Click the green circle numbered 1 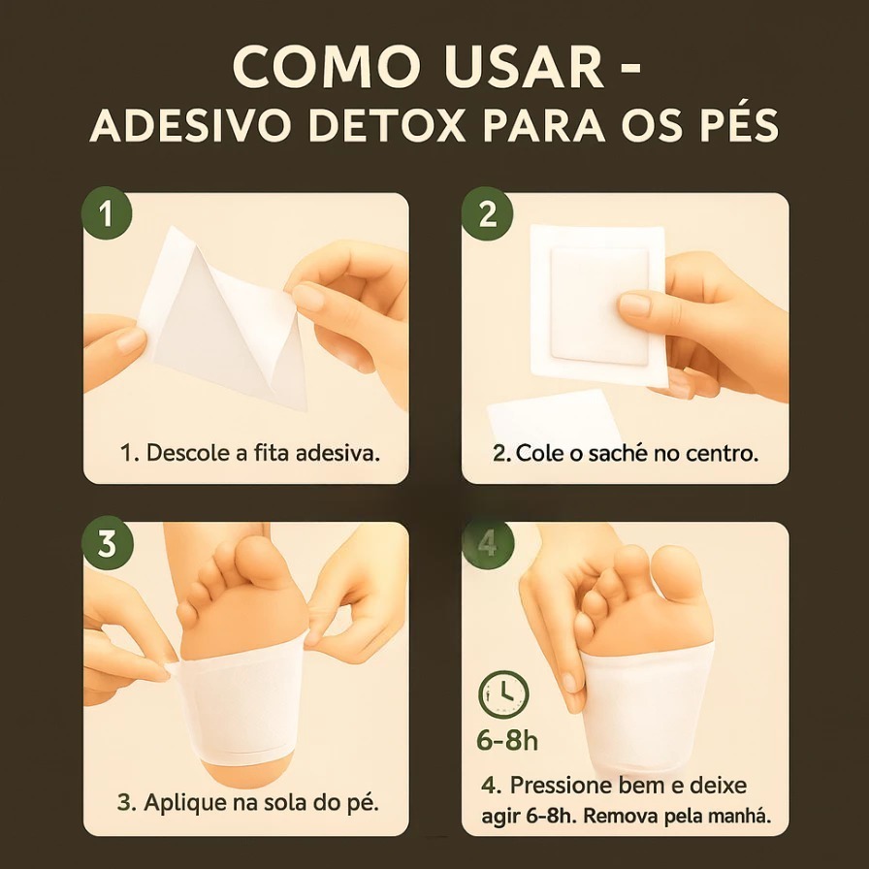pyautogui.click(x=107, y=214)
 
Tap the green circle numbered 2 pyautogui.click(x=487, y=214)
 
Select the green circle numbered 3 pyautogui.click(x=107, y=544)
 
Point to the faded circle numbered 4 pyautogui.click(x=487, y=544)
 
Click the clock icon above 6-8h pyautogui.click(x=503, y=695)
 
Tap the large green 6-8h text pyautogui.click(x=506, y=739)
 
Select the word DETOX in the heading pyautogui.click(x=386, y=125)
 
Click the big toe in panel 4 pyautogui.click(x=677, y=571)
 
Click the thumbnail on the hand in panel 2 pyautogui.click(x=634, y=305)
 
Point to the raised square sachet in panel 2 pyautogui.click(x=599, y=306)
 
